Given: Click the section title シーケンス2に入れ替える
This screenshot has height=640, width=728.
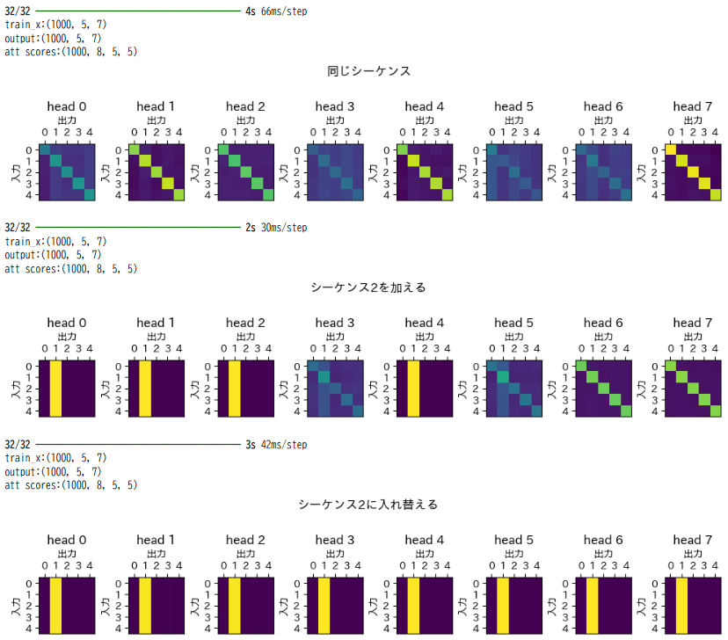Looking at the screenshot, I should click(368, 505).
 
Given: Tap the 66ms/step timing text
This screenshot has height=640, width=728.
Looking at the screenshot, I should click(284, 11).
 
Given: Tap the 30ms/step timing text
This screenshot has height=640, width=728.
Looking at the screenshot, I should click(284, 228).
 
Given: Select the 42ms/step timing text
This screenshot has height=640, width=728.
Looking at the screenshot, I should click(284, 445).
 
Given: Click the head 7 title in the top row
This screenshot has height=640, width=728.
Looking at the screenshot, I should click(692, 107).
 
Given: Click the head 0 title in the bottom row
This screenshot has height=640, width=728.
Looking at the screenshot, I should click(67, 540).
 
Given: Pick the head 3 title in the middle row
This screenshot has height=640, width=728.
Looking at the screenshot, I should click(334, 324).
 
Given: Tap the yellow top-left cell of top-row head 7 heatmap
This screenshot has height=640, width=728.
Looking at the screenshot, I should click(670, 149).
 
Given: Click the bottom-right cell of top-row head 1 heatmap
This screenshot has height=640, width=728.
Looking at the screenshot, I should click(178, 195).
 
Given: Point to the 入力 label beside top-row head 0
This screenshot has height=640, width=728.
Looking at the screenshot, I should click(15, 172).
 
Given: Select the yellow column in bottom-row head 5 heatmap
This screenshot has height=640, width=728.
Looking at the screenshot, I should click(503, 605).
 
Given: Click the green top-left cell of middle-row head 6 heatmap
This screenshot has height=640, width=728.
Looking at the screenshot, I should click(580, 366).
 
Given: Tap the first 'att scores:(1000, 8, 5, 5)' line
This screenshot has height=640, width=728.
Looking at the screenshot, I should click(70, 52).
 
